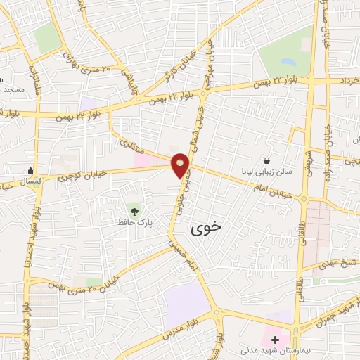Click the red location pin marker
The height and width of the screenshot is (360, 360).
[x=181, y=166]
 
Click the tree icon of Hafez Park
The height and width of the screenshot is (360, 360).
[x=133, y=209]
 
